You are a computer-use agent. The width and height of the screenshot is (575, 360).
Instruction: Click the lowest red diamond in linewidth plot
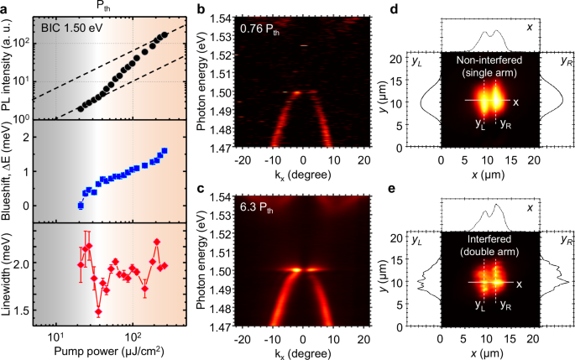98,311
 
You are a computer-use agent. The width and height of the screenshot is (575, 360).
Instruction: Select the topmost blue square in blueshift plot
165,151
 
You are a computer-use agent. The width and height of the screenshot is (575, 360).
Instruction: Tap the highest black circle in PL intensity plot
165,35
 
